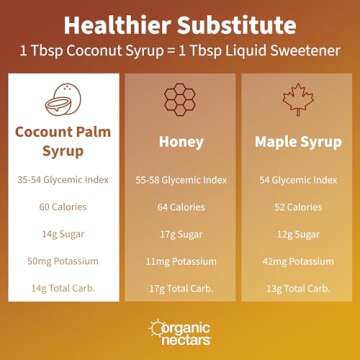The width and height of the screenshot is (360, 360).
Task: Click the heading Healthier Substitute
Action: pos(180,22)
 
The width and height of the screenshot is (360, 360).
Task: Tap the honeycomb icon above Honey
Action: pos(181,100)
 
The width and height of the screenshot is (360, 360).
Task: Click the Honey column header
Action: pos(181,144)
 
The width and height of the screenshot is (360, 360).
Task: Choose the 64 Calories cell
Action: pos(181,208)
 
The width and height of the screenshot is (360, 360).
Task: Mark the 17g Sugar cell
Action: pos(181,235)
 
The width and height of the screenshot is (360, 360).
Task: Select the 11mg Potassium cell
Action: pos(181,262)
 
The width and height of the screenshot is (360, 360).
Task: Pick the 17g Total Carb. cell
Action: pos(181,288)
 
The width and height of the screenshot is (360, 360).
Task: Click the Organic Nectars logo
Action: pos(180,332)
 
